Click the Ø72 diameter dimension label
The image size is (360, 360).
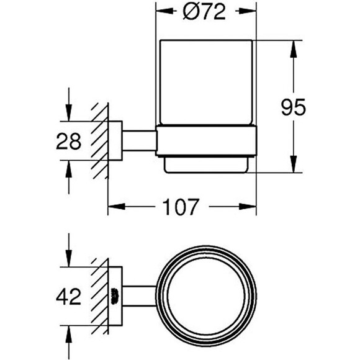(x=204, y=12)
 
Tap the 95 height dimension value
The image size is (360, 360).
(x=293, y=107)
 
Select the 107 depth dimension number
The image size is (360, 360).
(x=181, y=207)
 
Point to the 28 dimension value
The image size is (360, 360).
(x=69, y=141)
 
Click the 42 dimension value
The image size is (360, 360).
(x=68, y=297)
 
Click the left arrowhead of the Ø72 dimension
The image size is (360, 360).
(x=164, y=11)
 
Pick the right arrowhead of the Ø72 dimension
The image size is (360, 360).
(x=248, y=11)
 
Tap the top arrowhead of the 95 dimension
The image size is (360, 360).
(x=293, y=49)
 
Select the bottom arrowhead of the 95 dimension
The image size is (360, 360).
(x=293, y=164)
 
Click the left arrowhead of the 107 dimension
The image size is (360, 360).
(x=117, y=207)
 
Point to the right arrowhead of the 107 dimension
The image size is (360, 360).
(x=248, y=207)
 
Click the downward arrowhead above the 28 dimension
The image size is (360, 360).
(x=69, y=113)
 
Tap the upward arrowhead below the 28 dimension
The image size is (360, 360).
(x=69, y=169)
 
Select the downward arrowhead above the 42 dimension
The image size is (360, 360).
(x=69, y=259)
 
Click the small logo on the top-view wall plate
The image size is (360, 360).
(x=115, y=297)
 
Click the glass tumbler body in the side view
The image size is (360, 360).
(x=206, y=83)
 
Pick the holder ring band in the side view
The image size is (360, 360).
(x=207, y=141)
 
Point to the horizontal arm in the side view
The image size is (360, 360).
(x=140, y=141)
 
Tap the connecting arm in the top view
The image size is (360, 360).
(x=140, y=296)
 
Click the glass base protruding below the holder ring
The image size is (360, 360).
(x=206, y=165)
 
